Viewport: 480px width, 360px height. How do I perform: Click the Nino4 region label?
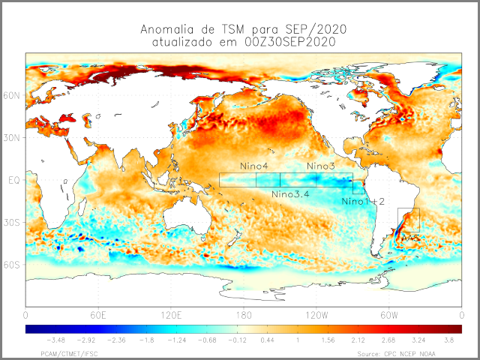pyautogui.click(x=255, y=166)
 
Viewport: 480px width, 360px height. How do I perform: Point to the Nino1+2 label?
pyautogui.click(x=363, y=202)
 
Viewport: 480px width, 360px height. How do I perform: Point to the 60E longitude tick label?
pyautogui.click(x=98, y=314)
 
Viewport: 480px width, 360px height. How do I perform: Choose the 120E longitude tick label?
pyautogui.click(x=170, y=314)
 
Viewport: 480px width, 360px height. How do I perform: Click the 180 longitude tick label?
pyautogui.click(x=243, y=314)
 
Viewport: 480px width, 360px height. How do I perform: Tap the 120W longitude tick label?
pyautogui.click(x=316, y=314)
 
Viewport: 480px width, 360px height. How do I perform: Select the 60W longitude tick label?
pyautogui.click(x=388, y=314)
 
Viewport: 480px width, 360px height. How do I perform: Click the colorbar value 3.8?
pyautogui.click(x=447, y=340)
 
